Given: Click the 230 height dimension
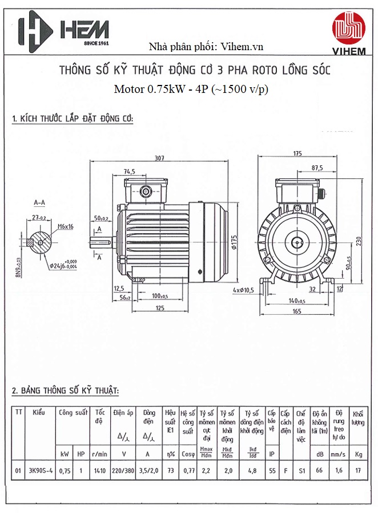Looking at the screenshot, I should (359, 241).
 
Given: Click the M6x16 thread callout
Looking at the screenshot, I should (66, 226).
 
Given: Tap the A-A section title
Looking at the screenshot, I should (39, 202).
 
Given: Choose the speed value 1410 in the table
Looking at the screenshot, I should (100, 470).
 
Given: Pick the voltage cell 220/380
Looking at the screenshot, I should (123, 470).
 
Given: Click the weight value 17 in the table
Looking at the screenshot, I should (358, 470).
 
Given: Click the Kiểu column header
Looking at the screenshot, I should (39, 412).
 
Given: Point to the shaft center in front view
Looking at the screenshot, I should (297, 242).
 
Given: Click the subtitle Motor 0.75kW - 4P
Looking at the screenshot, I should (191, 89).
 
